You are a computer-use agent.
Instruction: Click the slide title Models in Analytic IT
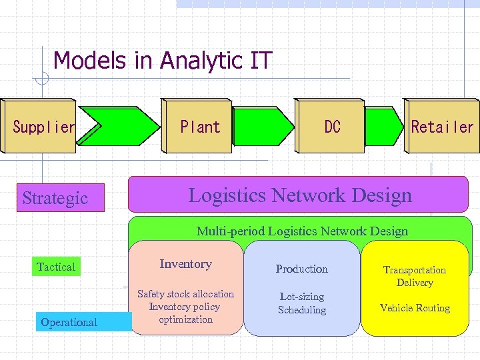(x=163, y=61)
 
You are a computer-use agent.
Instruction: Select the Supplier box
(x=41, y=127)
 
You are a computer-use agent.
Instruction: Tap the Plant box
(x=200, y=127)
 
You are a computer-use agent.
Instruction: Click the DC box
(x=331, y=127)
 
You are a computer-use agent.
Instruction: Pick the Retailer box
(x=442, y=127)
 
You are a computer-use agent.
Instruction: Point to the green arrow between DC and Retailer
(x=384, y=127)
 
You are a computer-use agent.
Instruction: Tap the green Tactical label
(x=57, y=267)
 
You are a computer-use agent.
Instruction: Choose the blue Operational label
(x=69, y=322)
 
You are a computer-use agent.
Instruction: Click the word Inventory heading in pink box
(x=185, y=264)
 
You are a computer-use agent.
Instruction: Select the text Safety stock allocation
(x=185, y=294)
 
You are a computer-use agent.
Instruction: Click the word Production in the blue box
(x=302, y=269)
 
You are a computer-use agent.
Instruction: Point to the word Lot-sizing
(x=302, y=297)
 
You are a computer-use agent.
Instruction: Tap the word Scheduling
(x=302, y=310)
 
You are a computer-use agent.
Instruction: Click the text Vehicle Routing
(x=415, y=308)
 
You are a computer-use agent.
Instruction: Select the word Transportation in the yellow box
(x=415, y=270)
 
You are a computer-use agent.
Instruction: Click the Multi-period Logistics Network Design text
(x=301, y=231)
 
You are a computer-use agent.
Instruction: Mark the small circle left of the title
(x=41, y=78)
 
